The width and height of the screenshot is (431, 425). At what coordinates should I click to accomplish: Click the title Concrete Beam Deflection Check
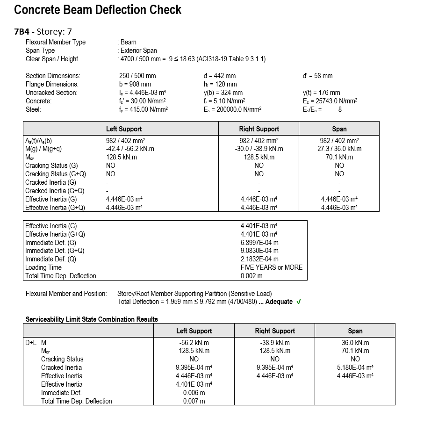[98, 10]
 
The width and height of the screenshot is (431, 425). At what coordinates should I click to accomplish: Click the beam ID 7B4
[23, 32]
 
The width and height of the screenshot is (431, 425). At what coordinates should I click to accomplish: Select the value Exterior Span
[139, 50]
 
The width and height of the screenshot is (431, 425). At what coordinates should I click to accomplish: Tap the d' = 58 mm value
[318, 76]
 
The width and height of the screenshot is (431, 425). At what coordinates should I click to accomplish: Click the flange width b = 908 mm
[135, 84]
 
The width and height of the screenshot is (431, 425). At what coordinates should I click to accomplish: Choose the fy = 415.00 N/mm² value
[144, 109]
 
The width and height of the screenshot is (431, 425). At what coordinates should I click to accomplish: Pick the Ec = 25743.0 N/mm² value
[330, 101]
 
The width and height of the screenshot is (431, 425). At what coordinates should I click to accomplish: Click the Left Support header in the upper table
[124, 129]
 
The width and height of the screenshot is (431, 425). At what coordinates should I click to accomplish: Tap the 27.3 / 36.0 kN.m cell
[339, 149]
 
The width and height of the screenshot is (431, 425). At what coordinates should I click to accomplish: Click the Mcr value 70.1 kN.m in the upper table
[339, 157]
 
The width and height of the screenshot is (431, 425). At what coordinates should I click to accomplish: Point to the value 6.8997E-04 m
[259, 242]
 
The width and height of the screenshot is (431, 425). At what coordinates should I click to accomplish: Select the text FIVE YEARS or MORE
[272, 267]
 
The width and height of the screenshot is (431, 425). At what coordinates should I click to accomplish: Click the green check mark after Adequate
[299, 302]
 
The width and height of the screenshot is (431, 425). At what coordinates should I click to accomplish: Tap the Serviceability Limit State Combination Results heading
[92, 319]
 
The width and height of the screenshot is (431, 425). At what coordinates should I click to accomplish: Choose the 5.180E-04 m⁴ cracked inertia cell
[355, 367]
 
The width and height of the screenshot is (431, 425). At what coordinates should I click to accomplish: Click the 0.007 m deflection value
[194, 401]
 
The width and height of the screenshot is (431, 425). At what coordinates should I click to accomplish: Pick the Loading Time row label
[43, 267]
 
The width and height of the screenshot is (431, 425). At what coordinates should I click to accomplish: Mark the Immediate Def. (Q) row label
[50, 259]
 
